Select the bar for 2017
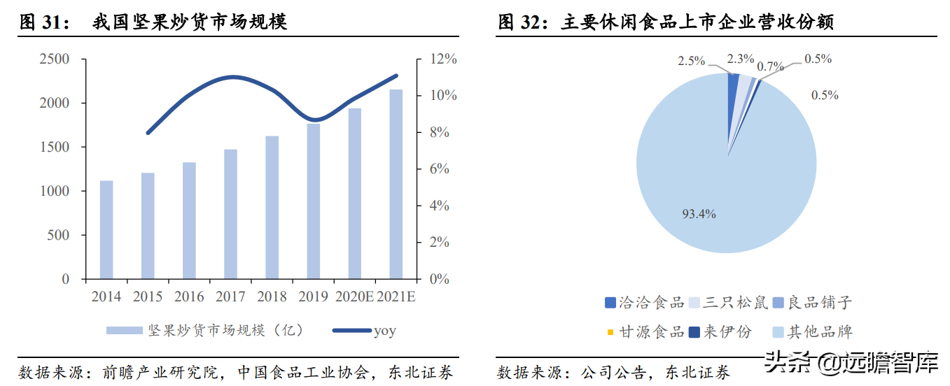click(x=231, y=214)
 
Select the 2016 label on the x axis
click(x=189, y=296)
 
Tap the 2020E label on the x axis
click(x=355, y=296)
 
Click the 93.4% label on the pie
click(x=699, y=214)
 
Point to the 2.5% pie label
click(x=691, y=61)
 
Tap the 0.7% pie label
click(x=771, y=67)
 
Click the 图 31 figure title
click(x=154, y=22)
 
